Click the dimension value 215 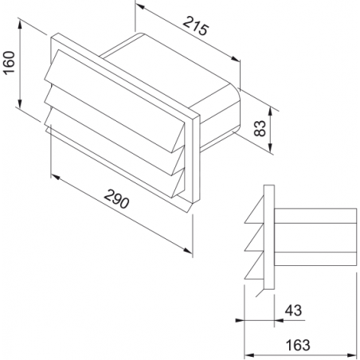[x=196, y=25]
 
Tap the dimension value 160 [x=10, y=63]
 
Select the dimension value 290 [x=116, y=199]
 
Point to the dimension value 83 [x=260, y=128]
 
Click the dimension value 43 [x=293, y=310]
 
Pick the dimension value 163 [x=298, y=345]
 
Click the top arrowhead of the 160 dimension [x=20, y=24]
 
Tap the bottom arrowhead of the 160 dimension [x=20, y=103]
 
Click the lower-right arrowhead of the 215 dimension [x=235, y=59]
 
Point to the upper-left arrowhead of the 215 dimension [x=139, y=8]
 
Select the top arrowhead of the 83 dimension [x=270, y=112]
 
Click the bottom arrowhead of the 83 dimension [x=270, y=147]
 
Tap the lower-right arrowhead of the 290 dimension [x=187, y=250]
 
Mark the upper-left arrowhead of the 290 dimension [x=55, y=177]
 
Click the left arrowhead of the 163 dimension [x=248, y=355]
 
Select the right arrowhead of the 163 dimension [x=352, y=355]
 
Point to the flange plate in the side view [x=269, y=237]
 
